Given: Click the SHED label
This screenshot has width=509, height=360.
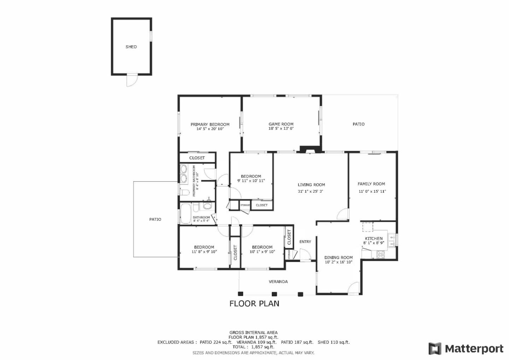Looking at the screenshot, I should coord(131,47).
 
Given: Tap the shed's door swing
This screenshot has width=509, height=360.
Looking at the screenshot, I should coord(131,81).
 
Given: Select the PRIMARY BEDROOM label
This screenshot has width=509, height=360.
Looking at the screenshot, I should coord(210,124).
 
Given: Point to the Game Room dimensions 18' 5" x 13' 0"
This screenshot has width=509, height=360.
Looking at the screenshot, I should coord(281,129).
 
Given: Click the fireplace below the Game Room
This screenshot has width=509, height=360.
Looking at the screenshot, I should coord(306,150).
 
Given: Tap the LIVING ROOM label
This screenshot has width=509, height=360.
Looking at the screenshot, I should coord(311,185).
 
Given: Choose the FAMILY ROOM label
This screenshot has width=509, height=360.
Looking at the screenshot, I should coord(371,184).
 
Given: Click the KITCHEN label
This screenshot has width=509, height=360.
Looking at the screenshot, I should coord(374,239).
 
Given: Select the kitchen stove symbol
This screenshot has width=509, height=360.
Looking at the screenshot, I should coord(380,254).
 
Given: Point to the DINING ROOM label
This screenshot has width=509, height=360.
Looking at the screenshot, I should coord(338,258).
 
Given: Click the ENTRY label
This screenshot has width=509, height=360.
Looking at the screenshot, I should coord(305,242).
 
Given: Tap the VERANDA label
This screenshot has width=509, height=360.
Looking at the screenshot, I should coord(278,282).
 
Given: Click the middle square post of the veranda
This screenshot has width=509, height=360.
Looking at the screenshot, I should coord(274,294).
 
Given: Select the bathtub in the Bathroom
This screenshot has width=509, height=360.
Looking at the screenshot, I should coord(186,213).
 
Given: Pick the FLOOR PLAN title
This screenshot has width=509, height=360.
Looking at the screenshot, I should coord(254,303).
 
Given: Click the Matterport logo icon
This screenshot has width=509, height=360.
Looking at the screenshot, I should coord(435,349).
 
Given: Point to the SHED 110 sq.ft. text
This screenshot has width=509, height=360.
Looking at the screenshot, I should coord(333,342).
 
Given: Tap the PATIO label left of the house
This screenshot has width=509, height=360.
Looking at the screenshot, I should coord(155,220).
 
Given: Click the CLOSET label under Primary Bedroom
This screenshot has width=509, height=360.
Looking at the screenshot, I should coord(197,158).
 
